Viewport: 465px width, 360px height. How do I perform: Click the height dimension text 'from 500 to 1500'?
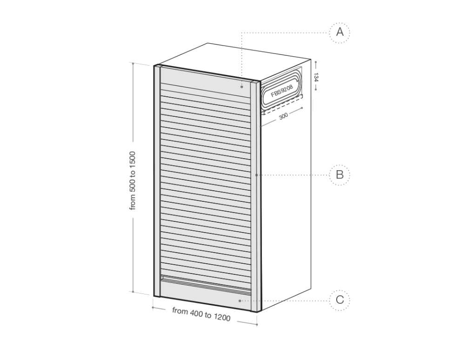pos(133,180)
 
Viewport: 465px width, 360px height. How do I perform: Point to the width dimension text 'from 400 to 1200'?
pos(201,314)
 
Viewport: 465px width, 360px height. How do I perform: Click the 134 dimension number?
pos(316,77)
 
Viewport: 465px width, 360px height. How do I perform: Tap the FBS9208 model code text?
pos(282,91)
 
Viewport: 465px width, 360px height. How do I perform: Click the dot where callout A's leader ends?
pos(242,87)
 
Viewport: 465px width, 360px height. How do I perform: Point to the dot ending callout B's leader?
pos(257,175)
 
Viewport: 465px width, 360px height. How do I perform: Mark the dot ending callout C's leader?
pos(240,300)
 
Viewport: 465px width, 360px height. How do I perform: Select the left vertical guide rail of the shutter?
pos(157,181)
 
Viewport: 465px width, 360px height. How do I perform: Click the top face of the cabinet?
pos(233,62)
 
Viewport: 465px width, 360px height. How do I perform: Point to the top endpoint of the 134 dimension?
pos(316,62)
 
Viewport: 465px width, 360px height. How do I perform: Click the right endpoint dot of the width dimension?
pos(257,325)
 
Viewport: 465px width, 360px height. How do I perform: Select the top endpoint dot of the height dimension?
pos(133,63)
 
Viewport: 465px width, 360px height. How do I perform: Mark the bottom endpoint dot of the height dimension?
pos(133,292)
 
